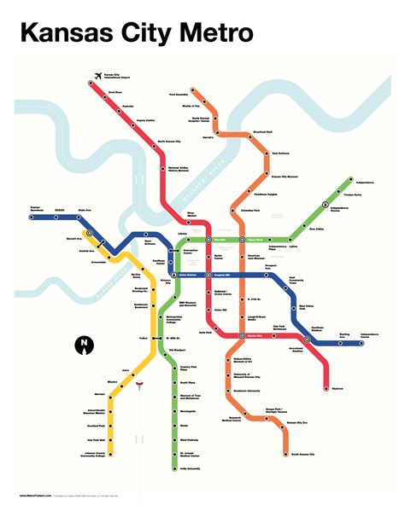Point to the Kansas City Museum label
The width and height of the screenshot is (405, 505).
pos(286,177)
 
